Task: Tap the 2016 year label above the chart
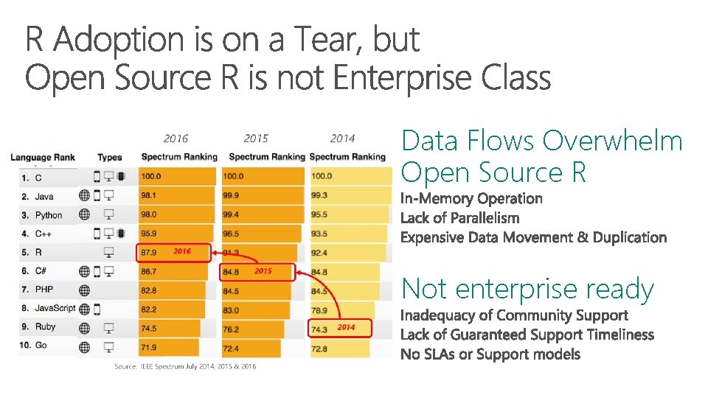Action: pyautogui.click(x=176, y=139)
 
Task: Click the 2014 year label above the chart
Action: pyautogui.click(x=342, y=139)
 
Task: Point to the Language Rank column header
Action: pyautogui.click(x=42, y=157)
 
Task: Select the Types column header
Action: pyautogui.click(x=110, y=157)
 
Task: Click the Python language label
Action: pyautogui.click(x=48, y=215)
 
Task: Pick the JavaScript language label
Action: pyautogui.click(x=55, y=308)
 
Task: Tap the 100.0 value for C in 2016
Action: pyautogui.click(x=151, y=177)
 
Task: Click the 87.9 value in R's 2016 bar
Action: pyautogui.click(x=150, y=253)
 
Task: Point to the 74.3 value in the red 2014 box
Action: pyautogui.click(x=319, y=329)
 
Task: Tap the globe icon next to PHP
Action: pyautogui.click(x=85, y=290)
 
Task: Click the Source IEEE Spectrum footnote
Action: pyautogui.click(x=185, y=366)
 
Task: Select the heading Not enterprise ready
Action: pyautogui.click(x=527, y=289)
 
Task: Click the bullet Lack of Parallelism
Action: pyautogui.click(x=459, y=218)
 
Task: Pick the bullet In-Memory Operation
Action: pyautogui.click(x=471, y=198)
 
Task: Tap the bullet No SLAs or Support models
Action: pyautogui.click(x=490, y=354)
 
